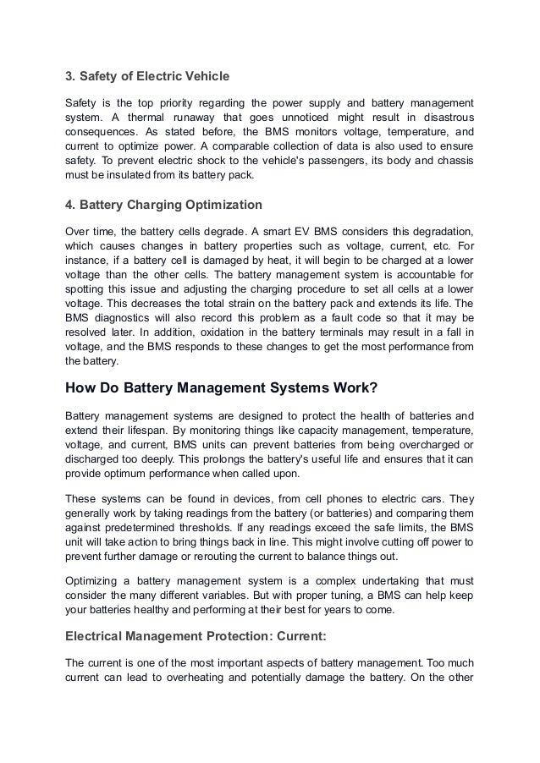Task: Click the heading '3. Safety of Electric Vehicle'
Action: [147, 77]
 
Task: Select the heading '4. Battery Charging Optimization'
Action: [163, 205]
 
